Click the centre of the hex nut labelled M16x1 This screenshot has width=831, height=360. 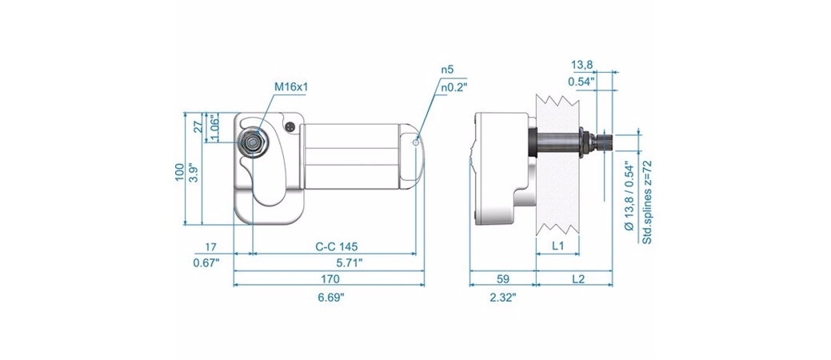(x=254, y=142)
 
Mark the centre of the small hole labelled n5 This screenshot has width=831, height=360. (x=417, y=142)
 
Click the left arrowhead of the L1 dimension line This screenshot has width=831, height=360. (x=538, y=254)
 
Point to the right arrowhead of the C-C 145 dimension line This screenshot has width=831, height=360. (x=413, y=254)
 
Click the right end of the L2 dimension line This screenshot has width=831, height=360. (x=613, y=285)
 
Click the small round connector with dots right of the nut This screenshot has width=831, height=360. (x=290, y=127)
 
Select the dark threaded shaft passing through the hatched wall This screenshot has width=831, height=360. (x=558, y=142)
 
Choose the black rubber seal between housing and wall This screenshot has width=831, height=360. (x=533, y=142)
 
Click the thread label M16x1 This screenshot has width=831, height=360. (x=291, y=86)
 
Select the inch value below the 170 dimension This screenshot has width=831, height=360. (x=330, y=298)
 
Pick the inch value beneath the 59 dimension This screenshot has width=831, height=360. (x=503, y=298)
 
